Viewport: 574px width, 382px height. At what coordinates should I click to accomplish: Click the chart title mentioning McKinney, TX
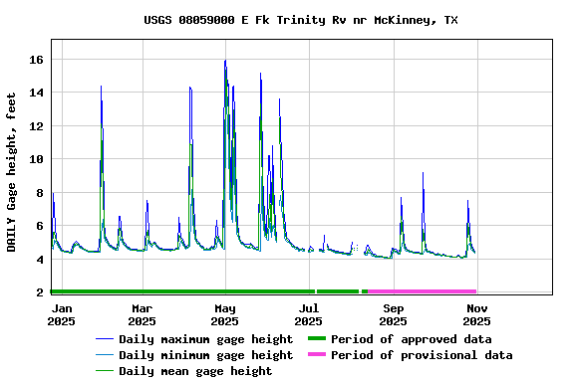(x=301, y=20)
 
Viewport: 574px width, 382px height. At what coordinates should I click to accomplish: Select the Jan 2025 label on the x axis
(x=61, y=315)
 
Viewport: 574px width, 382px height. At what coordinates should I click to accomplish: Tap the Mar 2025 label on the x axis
(x=143, y=315)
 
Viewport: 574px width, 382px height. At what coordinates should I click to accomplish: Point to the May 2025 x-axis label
(x=225, y=315)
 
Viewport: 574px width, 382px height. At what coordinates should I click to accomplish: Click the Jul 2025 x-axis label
(x=309, y=315)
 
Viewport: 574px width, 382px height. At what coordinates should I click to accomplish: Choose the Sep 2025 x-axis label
(x=394, y=315)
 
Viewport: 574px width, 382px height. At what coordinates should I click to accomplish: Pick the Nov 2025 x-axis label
(x=476, y=315)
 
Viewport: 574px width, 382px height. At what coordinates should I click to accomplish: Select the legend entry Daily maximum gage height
(x=205, y=339)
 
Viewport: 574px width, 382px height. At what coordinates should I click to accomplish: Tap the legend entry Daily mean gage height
(x=194, y=371)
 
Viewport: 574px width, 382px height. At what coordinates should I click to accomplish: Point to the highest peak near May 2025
(x=225, y=61)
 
